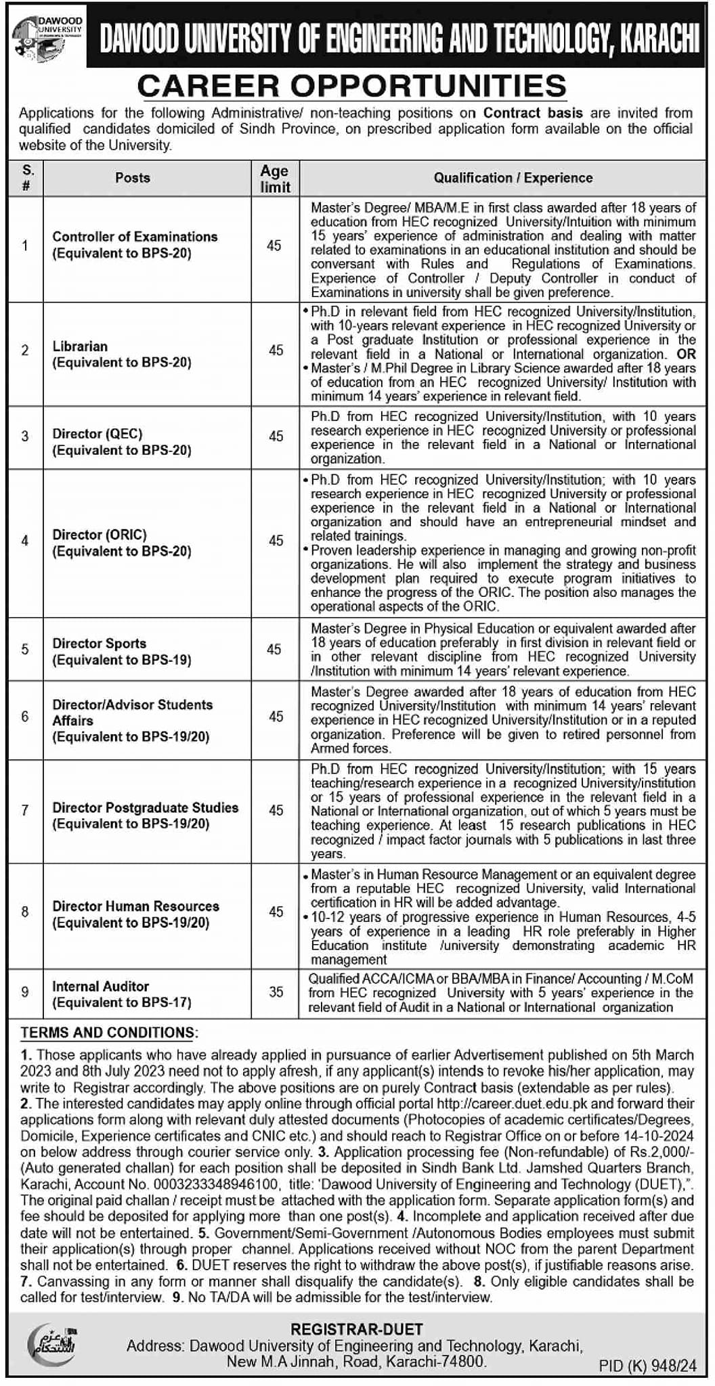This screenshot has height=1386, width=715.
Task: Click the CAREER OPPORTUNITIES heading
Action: click(x=351, y=87)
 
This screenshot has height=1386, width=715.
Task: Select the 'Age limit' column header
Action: click(x=274, y=179)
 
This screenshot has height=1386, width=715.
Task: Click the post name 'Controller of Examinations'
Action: click(x=135, y=237)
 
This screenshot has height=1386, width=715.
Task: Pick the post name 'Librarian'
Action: click(x=80, y=346)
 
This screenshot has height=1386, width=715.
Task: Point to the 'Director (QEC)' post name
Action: click(x=97, y=434)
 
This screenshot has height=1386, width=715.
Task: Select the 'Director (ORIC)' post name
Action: click(x=100, y=535)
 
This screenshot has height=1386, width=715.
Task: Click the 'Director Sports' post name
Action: click(x=99, y=644)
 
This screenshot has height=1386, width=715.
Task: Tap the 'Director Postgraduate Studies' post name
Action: click(x=145, y=807)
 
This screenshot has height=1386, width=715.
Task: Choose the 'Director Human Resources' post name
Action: click(x=135, y=906)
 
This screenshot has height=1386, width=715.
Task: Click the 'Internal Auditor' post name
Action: click(x=100, y=987)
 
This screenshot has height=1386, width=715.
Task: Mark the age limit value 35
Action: click(x=276, y=992)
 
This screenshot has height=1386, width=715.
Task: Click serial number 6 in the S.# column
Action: click(x=25, y=717)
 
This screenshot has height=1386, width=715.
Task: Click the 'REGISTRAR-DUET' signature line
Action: click(x=357, y=1330)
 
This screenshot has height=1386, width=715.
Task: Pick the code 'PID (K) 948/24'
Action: click(x=647, y=1366)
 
